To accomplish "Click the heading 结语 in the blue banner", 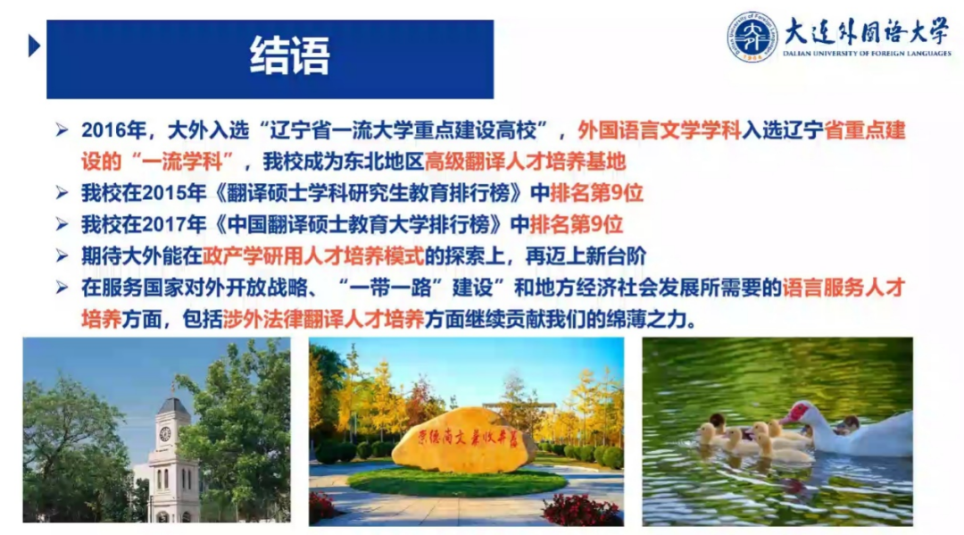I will [x=289, y=55].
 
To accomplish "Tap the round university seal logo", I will [x=752, y=37].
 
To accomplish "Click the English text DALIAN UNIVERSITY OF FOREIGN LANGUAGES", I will [x=866, y=54].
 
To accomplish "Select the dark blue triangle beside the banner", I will [x=35, y=45].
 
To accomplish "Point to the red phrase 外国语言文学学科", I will [x=660, y=130].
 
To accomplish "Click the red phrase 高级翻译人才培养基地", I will [x=525, y=162].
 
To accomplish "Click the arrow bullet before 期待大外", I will [x=62, y=255].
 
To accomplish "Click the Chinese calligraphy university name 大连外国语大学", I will [x=866, y=32].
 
